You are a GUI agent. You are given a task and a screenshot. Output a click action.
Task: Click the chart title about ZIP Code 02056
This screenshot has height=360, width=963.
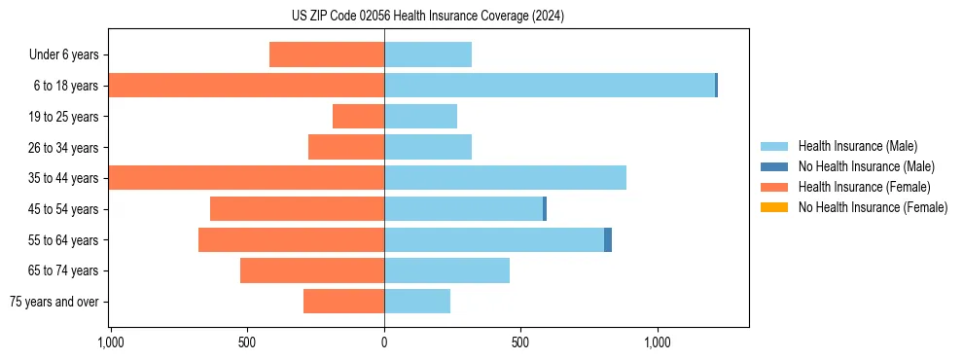pos(428,17)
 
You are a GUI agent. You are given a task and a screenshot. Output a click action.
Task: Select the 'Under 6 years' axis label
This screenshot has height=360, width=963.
pos(64,55)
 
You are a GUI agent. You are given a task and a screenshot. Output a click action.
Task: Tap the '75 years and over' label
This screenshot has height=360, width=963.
pos(54,302)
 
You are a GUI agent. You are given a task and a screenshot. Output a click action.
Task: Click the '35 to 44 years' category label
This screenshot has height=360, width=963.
pos(64,178)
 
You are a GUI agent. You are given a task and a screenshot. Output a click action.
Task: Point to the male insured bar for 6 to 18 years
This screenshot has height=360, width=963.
pos(550,86)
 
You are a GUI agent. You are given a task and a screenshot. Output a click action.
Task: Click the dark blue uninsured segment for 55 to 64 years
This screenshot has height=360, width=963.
pos(608,239)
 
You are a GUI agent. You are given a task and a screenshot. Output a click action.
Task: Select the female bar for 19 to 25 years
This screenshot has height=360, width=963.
pos(358,117)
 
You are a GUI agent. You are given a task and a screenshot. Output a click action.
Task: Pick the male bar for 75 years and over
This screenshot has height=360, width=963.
pos(417,302)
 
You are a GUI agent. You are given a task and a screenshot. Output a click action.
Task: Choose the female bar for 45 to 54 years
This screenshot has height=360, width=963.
pos(297,209)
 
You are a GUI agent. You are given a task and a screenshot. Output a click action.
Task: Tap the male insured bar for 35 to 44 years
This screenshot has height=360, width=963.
pos(505,178)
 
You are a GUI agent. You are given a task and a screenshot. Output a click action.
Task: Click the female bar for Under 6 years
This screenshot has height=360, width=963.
pos(327,55)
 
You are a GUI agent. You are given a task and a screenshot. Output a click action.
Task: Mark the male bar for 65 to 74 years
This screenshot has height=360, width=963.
pos(446,270)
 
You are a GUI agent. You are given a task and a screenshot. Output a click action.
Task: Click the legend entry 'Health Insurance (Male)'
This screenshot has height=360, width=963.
pos(857,146)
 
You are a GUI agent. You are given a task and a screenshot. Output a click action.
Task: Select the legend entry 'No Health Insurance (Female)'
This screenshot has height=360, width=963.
pos(873,207)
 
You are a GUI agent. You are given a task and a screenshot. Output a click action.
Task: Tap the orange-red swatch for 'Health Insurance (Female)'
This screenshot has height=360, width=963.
pos(774,187)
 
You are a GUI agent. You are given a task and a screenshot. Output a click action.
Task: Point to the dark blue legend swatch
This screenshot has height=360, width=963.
pos(774,166)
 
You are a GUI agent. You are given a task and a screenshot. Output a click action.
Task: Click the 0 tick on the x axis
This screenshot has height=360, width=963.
pos(384,342)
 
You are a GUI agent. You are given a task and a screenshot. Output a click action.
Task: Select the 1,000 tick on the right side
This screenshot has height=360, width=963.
pos(658,342)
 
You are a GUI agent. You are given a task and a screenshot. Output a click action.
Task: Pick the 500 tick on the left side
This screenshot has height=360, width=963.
pos(247,342)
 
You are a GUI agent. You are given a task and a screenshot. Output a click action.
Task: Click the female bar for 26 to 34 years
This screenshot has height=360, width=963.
pos(346,147)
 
